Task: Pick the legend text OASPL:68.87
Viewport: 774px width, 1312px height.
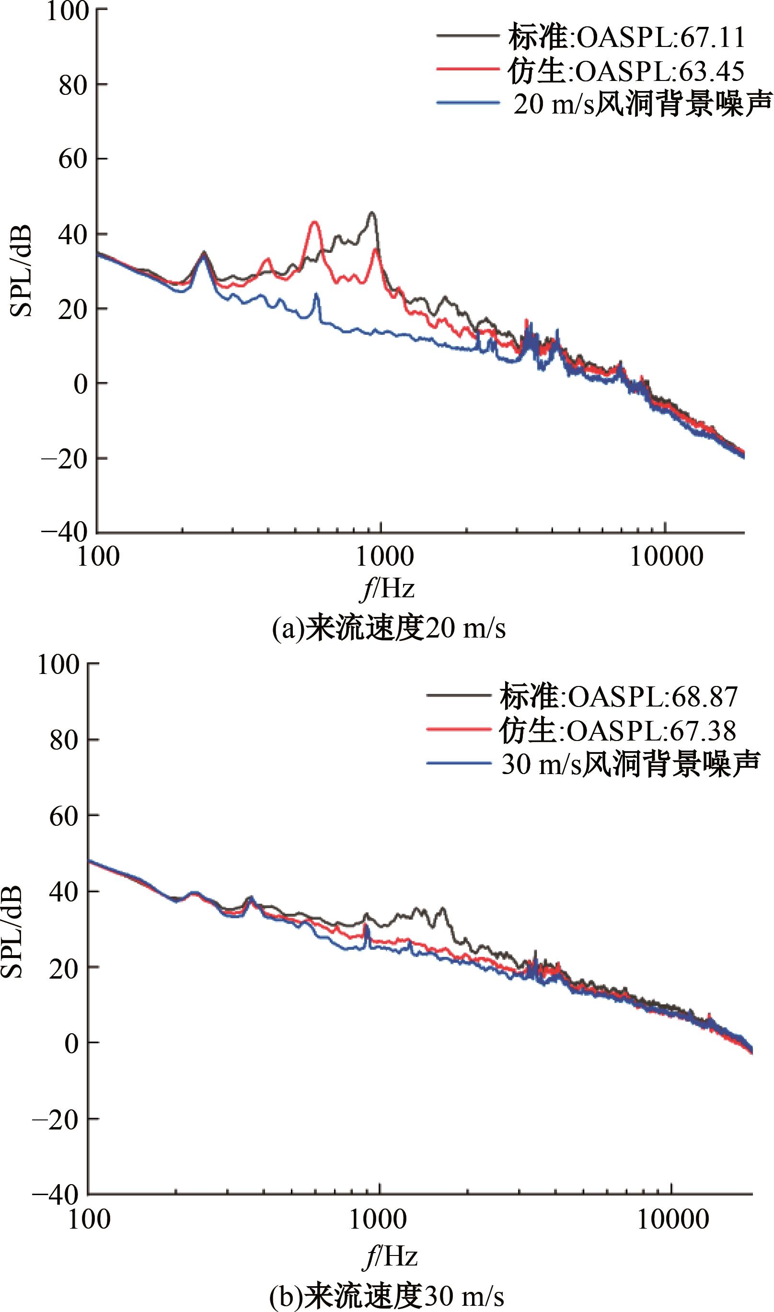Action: click(x=652, y=696)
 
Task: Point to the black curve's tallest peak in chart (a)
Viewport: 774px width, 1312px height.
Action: click(x=371, y=213)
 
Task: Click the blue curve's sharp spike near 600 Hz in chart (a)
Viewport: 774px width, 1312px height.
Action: click(x=316, y=295)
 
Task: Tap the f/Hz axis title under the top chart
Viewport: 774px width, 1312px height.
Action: click(x=387, y=590)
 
